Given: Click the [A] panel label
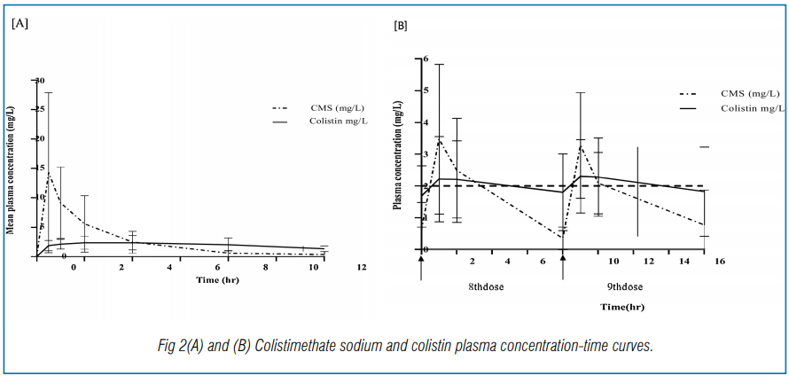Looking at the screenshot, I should click(x=20, y=24).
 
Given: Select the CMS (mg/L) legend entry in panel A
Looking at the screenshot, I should click(x=333, y=107).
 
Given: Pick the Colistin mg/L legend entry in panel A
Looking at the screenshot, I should click(x=333, y=121).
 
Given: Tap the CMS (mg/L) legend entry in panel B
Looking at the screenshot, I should click(x=749, y=93).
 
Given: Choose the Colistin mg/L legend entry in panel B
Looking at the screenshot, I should click(x=749, y=107).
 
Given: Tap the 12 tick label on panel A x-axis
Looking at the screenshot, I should click(x=361, y=266).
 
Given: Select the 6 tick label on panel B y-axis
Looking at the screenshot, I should click(x=426, y=59).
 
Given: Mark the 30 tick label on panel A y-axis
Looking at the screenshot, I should click(x=39, y=80).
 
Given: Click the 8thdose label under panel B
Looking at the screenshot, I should click(x=488, y=286).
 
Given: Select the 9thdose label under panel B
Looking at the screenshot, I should click(x=624, y=286).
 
